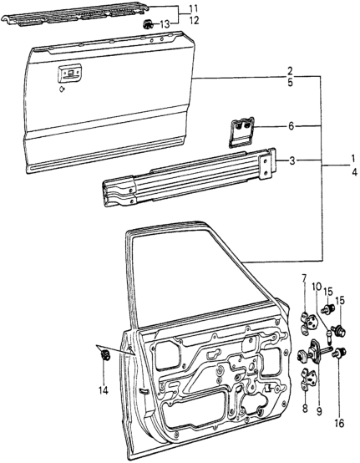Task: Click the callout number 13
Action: (x=165, y=25)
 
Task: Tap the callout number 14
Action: (x=104, y=390)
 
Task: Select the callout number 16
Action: (x=340, y=424)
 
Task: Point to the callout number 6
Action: (x=292, y=126)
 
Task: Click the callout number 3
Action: (x=292, y=161)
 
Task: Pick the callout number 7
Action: (x=304, y=277)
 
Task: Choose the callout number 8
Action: (x=305, y=409)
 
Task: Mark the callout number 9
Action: (x=319, y=412)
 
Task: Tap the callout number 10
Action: (x=317, y=287)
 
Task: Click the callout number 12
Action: (x=194, y=21)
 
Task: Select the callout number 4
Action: (x=354, y=172)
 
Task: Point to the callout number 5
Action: (x=290, y=83)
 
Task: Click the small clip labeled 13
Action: (x=147, y=24)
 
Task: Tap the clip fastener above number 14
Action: (x=104, y=354)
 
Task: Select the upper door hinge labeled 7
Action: (x=308, y=323)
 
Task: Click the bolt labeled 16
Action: (x=339, y=353)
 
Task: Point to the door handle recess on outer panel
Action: (x=69, y=74)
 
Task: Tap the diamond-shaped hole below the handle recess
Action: (x=62, y=89)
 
